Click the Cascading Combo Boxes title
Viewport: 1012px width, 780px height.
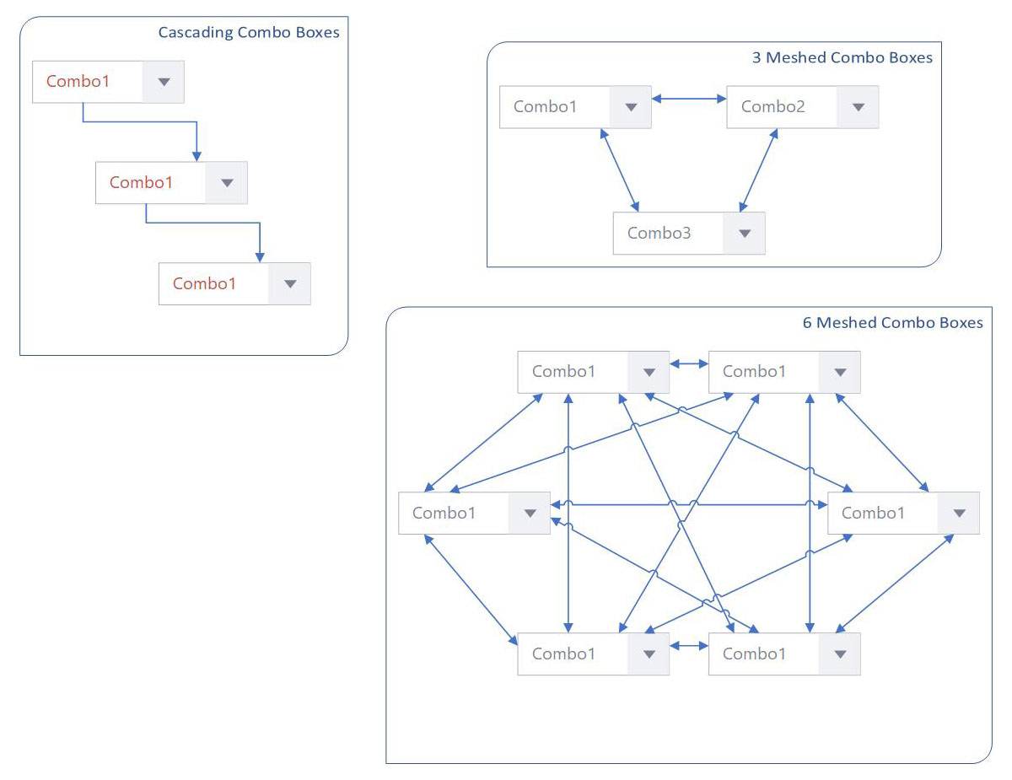[x=249, y=32]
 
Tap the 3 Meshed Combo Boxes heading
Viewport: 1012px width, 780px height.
[x=842, y=57]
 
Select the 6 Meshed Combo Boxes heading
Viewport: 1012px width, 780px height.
[x=892, y=322]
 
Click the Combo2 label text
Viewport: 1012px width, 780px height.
[x=772, y=106]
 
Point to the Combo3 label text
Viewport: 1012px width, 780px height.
[x=659, y=233]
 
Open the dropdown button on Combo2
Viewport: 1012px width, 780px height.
[x=858, y=106]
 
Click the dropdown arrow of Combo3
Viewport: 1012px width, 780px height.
[x=744, y=233]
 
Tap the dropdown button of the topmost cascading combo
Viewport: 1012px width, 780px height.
[x=163, y=82]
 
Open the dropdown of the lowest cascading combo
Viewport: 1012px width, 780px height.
[x=289, y=283]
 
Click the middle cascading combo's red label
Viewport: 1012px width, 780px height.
[x=141, y=182]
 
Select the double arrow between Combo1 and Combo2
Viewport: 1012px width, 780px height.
[x=689, y=99]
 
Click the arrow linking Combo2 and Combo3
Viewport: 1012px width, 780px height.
[x=758, y=170]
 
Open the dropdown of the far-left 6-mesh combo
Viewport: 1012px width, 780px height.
[x=530, y=513]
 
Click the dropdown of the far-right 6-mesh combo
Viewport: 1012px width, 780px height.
[x=958, y=513]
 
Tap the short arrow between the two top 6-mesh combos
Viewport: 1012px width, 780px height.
[x=689, y=363]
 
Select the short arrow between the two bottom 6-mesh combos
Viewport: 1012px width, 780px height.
[x=689, y=645]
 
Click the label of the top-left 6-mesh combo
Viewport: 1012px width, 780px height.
[x=563, y=371]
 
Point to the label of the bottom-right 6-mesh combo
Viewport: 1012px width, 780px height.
[x=754, y=654]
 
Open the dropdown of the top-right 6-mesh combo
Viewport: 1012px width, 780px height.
[x=840, y=372]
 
